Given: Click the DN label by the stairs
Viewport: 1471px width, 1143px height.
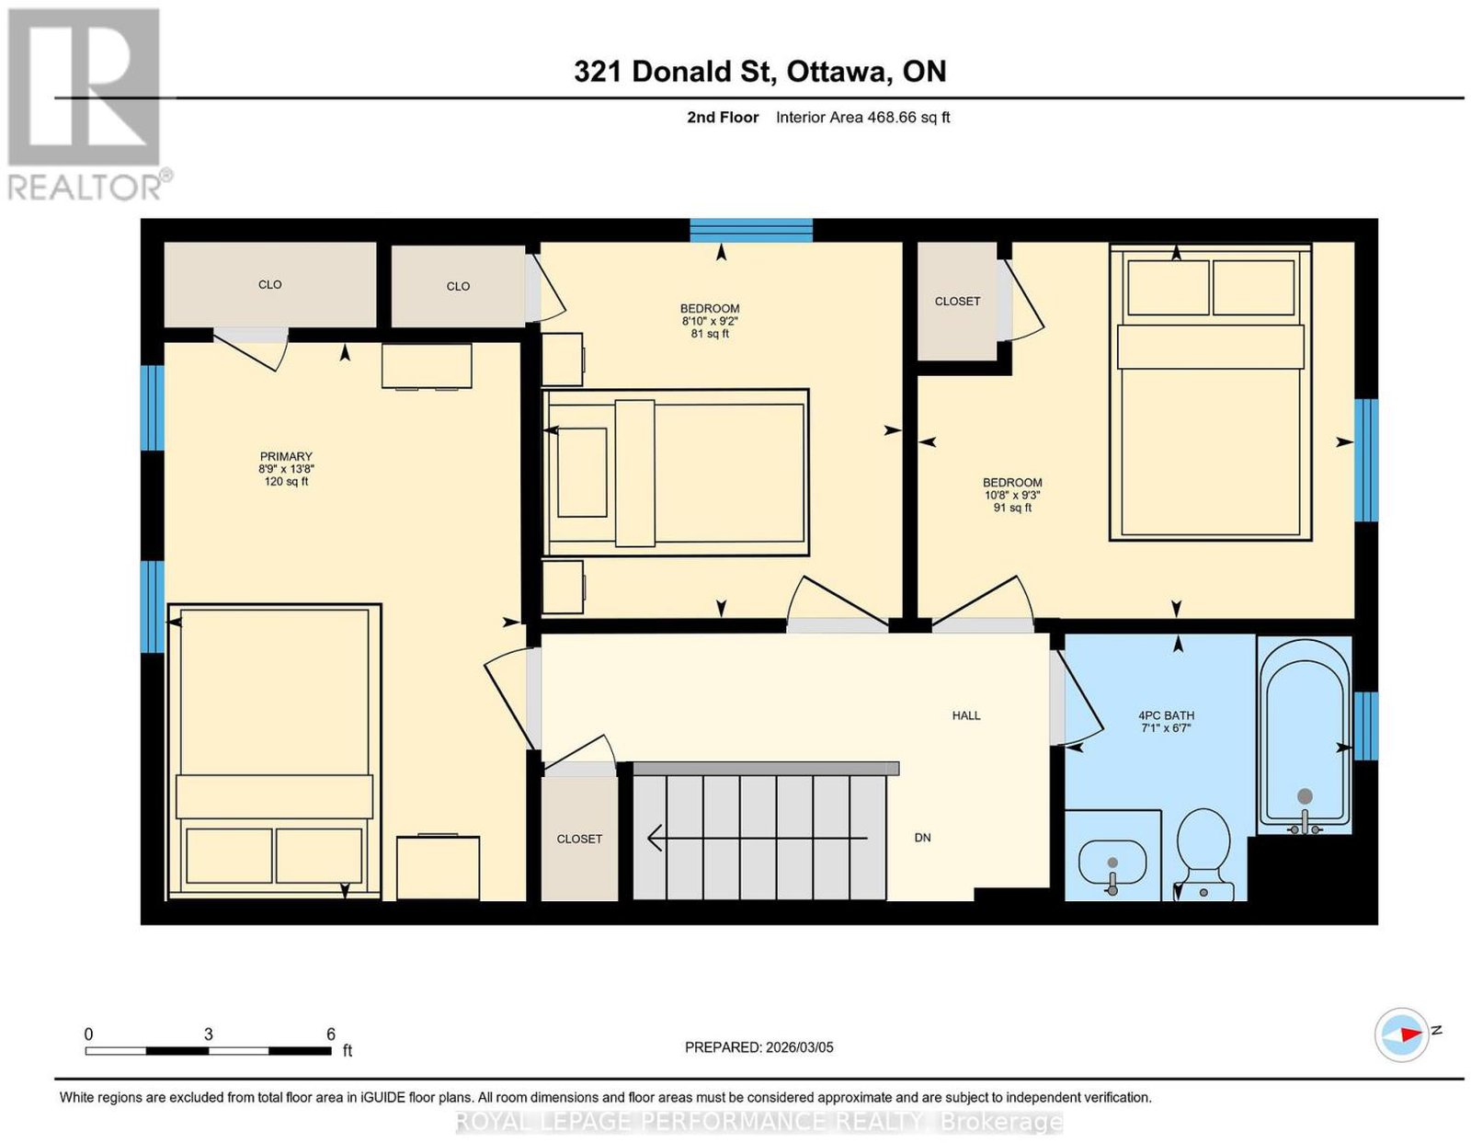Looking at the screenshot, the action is [923, 838].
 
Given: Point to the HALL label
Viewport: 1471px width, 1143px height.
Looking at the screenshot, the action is [966, 715].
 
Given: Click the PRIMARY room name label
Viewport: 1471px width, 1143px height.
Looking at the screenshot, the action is [286, 457].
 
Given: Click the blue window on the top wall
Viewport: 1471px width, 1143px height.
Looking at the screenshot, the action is [751, 230].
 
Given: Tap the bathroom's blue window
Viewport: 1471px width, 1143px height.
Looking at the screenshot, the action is [1365, 726].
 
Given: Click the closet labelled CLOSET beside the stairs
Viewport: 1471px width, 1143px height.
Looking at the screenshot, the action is [579, 838].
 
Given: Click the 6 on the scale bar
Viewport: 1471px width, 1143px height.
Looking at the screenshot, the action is [331, 1034].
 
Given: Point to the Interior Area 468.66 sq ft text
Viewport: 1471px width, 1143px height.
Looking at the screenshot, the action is [863, 118].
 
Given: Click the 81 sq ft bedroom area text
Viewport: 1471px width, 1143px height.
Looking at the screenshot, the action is [710, 334].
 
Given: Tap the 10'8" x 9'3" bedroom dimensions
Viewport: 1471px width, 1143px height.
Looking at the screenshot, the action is [1012, 495].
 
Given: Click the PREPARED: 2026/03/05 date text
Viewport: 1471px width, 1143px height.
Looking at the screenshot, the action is [759, 1047].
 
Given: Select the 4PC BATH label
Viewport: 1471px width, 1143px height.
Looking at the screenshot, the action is [1167, 715].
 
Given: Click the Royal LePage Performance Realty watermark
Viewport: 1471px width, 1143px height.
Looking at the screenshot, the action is [758, 1122].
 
